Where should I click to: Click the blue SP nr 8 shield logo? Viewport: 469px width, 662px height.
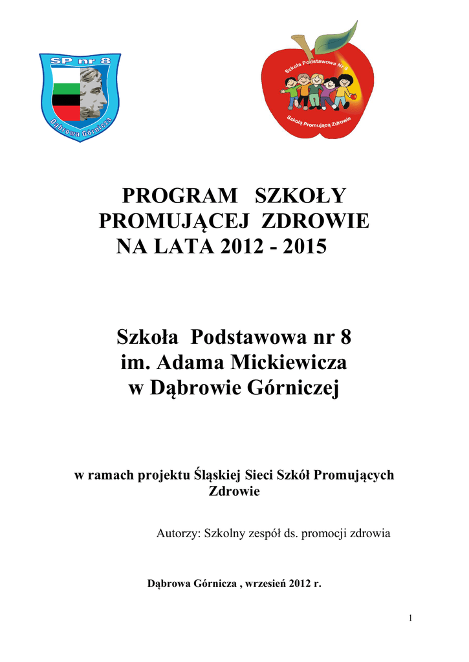pyautogui.click(x=80, y=96)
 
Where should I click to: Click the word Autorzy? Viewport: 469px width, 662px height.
pyautogui.click(x=179, y=534)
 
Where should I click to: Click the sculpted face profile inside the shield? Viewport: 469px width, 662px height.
pyautogui.click(x=94, y=96)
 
